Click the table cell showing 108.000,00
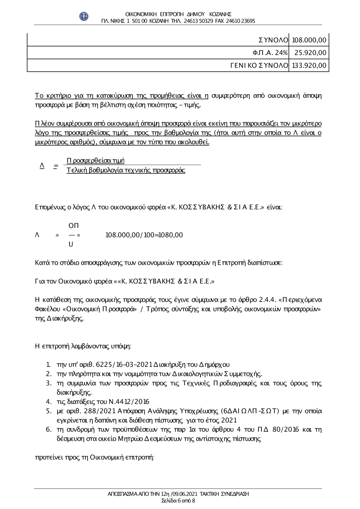pyautogui.click(x=309, y=40)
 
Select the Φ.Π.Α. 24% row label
pyautogui.click(x=270, y=53)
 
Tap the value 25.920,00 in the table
pyautogui.click(x=310, y=53)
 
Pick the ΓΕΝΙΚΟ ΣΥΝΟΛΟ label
pyautogui.click(x=259, y=65)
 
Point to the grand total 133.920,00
pyautogui.click(x=309, y=65)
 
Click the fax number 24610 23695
pyautogui.click(x=240, y=21)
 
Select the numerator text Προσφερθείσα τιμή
pyautogui.click(x=95, y=160)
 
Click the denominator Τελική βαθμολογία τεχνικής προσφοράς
pyautogui.click(x=126, y=170)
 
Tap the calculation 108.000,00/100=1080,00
pyautogui.click(x=144, y=235)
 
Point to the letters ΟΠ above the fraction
pyautogui.click(x=73, y=226)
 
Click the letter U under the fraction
pyautogui.click(x=71, y=245)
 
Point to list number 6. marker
pyautogui.click(x=48, y=430)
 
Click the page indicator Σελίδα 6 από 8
pyautogui.click(x=178, y=500)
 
